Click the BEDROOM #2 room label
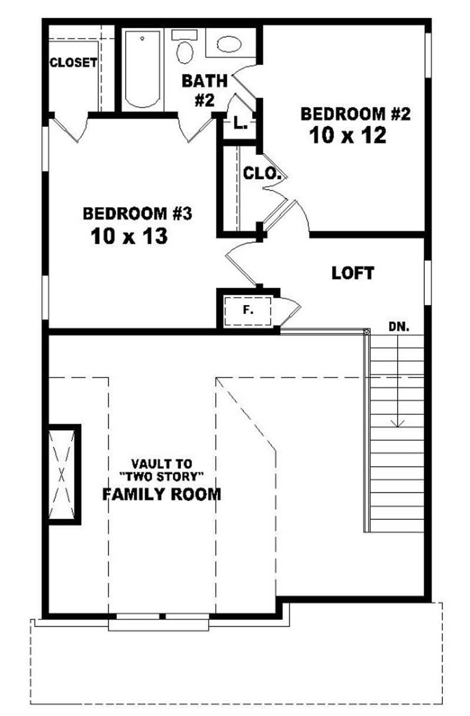pyautogui.click(x=354, y=114)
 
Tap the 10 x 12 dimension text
pyautogui.click(x=347, y=136)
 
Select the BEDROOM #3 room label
pyautogui.click(x=137, y=213)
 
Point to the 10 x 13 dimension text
pyautogui.click(x=129, y=237)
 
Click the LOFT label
pyautogui.click(x=352, y=273)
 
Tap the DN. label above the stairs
pyautogui.click(x=398, y=326)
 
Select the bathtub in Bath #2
pyautogui.click(x=142, y=70)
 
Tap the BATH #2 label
pyautogui.click(x=203, y=90)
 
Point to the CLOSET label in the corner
pyautogui.click(x=73, y=63)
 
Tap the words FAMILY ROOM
pyautogui.click(x=162, y=494)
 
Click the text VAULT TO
pyautogui.click(x=162, y=463)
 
